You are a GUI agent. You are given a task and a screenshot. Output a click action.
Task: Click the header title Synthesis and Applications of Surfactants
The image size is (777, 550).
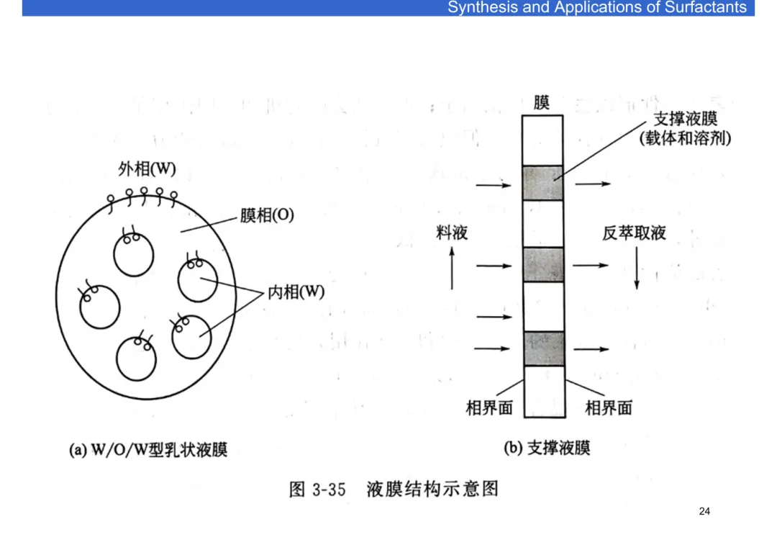coord(597,8)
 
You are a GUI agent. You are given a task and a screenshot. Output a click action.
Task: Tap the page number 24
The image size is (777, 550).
coord(704,511)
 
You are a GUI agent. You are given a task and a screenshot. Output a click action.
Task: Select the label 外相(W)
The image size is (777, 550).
coord(147,169)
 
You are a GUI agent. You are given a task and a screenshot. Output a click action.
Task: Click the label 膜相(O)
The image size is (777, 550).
coord(266,215)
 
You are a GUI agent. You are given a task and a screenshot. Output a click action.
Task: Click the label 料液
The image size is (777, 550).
coord(452,233)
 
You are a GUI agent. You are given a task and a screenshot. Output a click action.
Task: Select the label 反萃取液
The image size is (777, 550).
coord(634,233)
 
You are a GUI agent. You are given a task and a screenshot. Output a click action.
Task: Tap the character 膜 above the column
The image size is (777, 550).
coord(542,103)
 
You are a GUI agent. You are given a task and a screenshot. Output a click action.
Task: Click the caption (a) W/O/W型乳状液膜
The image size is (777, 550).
coord(148,451)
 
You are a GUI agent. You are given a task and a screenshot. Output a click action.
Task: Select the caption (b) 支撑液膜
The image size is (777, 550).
coord(547,448)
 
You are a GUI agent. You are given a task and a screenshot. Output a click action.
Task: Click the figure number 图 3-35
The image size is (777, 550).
coord(317,490)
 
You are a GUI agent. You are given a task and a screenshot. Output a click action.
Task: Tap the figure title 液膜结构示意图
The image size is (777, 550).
coord(432,490)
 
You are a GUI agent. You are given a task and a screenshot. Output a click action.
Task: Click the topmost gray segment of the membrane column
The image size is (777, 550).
coord(543,183)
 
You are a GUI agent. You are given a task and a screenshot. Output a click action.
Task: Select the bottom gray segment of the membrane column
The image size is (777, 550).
coord(543,349)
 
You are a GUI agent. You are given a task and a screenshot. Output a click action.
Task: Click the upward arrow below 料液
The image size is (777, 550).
coord(452,267)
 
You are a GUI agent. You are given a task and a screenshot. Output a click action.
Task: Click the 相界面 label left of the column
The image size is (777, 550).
coord(489,408)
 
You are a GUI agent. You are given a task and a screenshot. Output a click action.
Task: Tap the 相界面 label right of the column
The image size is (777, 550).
coord(609,408)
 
